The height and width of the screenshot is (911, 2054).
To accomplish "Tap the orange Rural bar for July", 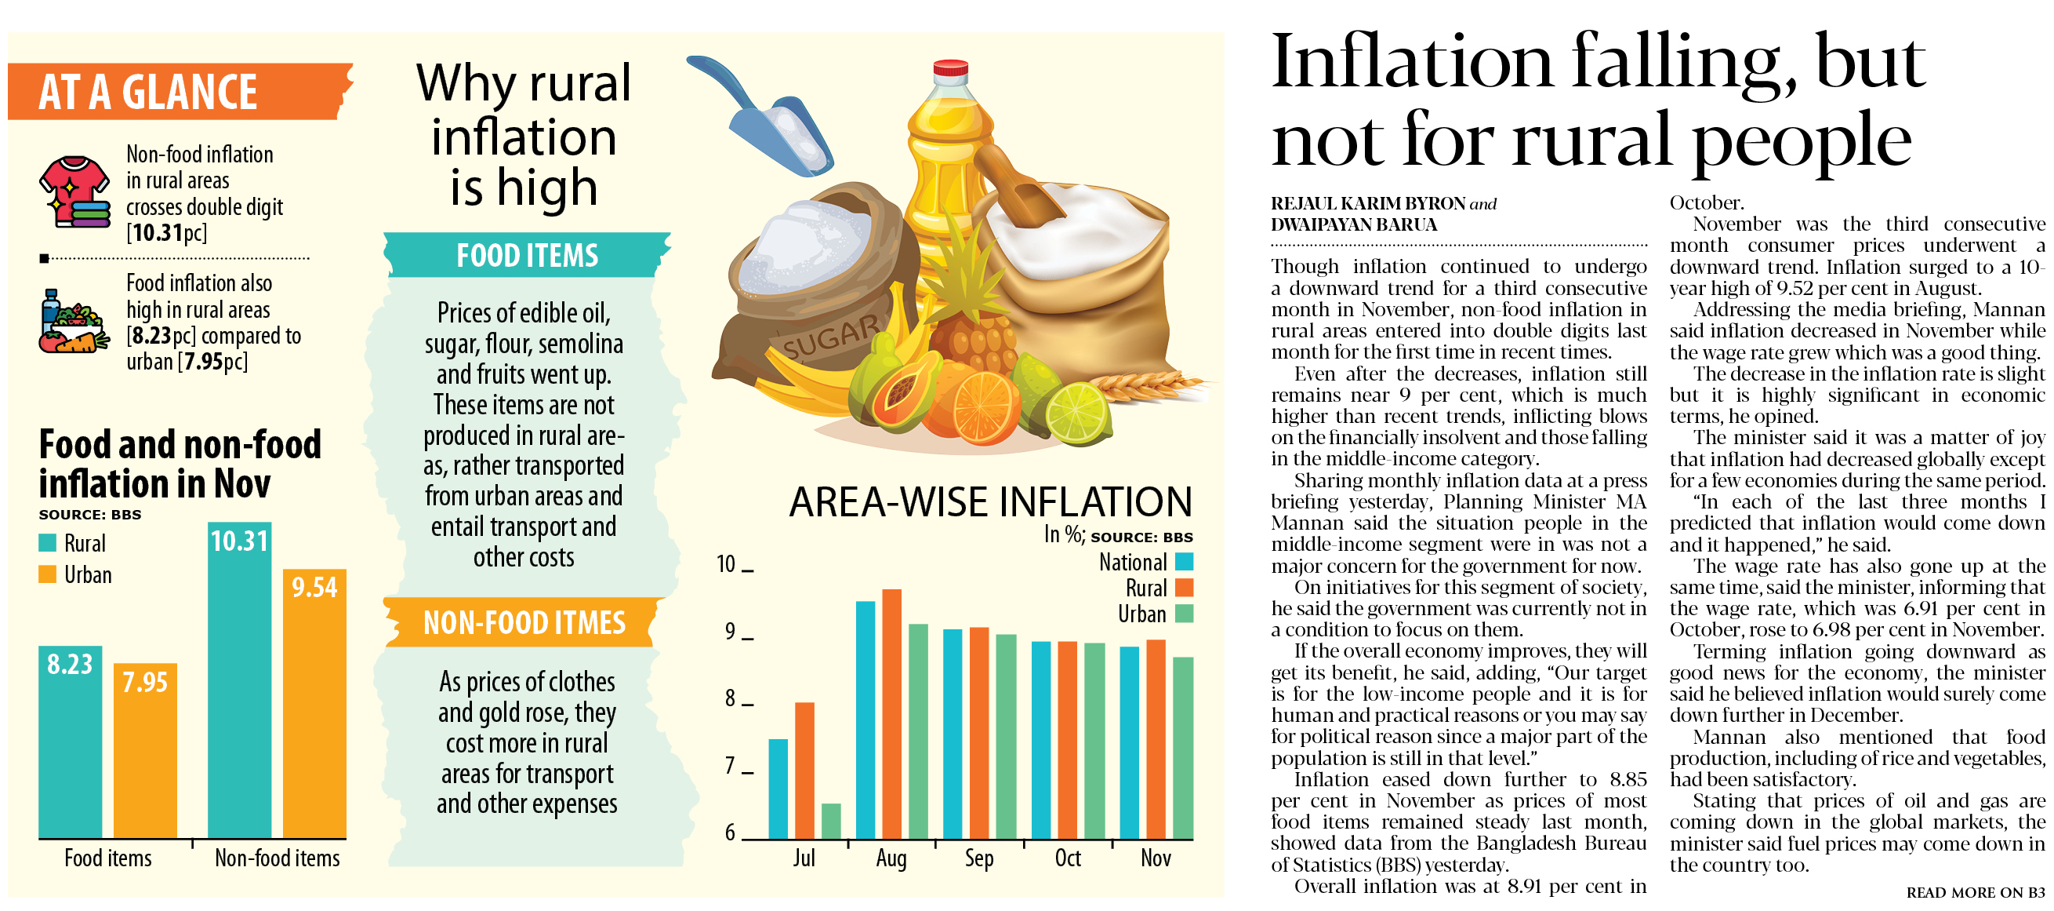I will coord(804,770).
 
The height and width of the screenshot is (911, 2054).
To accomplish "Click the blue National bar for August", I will coord(866,719).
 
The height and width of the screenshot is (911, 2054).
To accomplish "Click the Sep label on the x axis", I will coord(979,858).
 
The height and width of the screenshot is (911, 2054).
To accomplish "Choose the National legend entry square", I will coord(1184,562).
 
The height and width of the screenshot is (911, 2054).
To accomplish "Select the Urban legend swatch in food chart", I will coord(48,574).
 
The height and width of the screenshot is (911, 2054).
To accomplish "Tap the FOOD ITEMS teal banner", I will coord(526,256).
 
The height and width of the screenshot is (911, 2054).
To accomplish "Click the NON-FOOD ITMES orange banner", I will coord(524,623).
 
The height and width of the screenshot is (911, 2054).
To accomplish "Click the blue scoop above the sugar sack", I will coord(765,119).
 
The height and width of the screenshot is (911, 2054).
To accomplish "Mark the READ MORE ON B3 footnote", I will coord(1976,893).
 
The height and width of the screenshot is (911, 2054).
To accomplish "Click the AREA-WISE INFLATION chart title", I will coord(990,502).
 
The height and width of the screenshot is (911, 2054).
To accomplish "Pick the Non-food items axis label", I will coord(277,858).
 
